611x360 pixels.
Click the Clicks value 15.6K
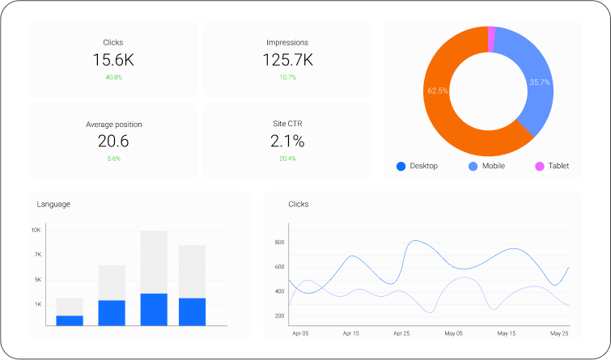[113, 60]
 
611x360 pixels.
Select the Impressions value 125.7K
[287, 60]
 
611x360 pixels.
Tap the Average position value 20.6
[113, 142]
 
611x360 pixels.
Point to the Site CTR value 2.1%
[287, 142]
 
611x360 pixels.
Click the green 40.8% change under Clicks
[113, 78]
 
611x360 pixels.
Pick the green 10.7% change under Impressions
[287, 78]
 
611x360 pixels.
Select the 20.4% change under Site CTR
[287, 159]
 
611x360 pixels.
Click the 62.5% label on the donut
[438, 91]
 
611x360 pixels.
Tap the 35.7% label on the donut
[540, 83]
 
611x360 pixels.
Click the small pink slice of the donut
[491, 32]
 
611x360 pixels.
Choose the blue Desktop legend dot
[401, 167]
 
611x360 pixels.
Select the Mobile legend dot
[473, 167]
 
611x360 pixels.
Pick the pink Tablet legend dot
[539, 167]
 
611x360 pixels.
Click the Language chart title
[53, 205]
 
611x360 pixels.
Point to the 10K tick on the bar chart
[36, 231]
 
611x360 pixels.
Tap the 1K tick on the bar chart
[37, 304]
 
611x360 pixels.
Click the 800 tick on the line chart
[279, 243]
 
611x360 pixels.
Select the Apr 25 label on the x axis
[402, 333]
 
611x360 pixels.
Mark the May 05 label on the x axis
[454, 333]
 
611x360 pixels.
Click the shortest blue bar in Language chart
[70, 320]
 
